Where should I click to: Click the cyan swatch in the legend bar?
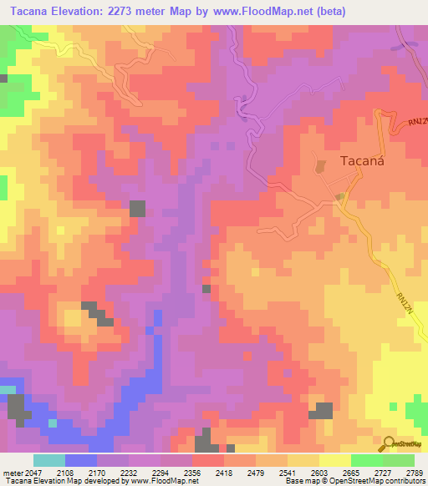pyautogui.click(x=49, y=460)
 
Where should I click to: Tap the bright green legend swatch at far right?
pyautogui.click(x=399, y=460)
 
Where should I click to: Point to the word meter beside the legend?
pyautogui.click(x=10, y=473)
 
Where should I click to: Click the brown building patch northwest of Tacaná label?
pyautogui.click(x=321, y=166)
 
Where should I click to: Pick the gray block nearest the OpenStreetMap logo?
pyautogui.click(x=323, y=410)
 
